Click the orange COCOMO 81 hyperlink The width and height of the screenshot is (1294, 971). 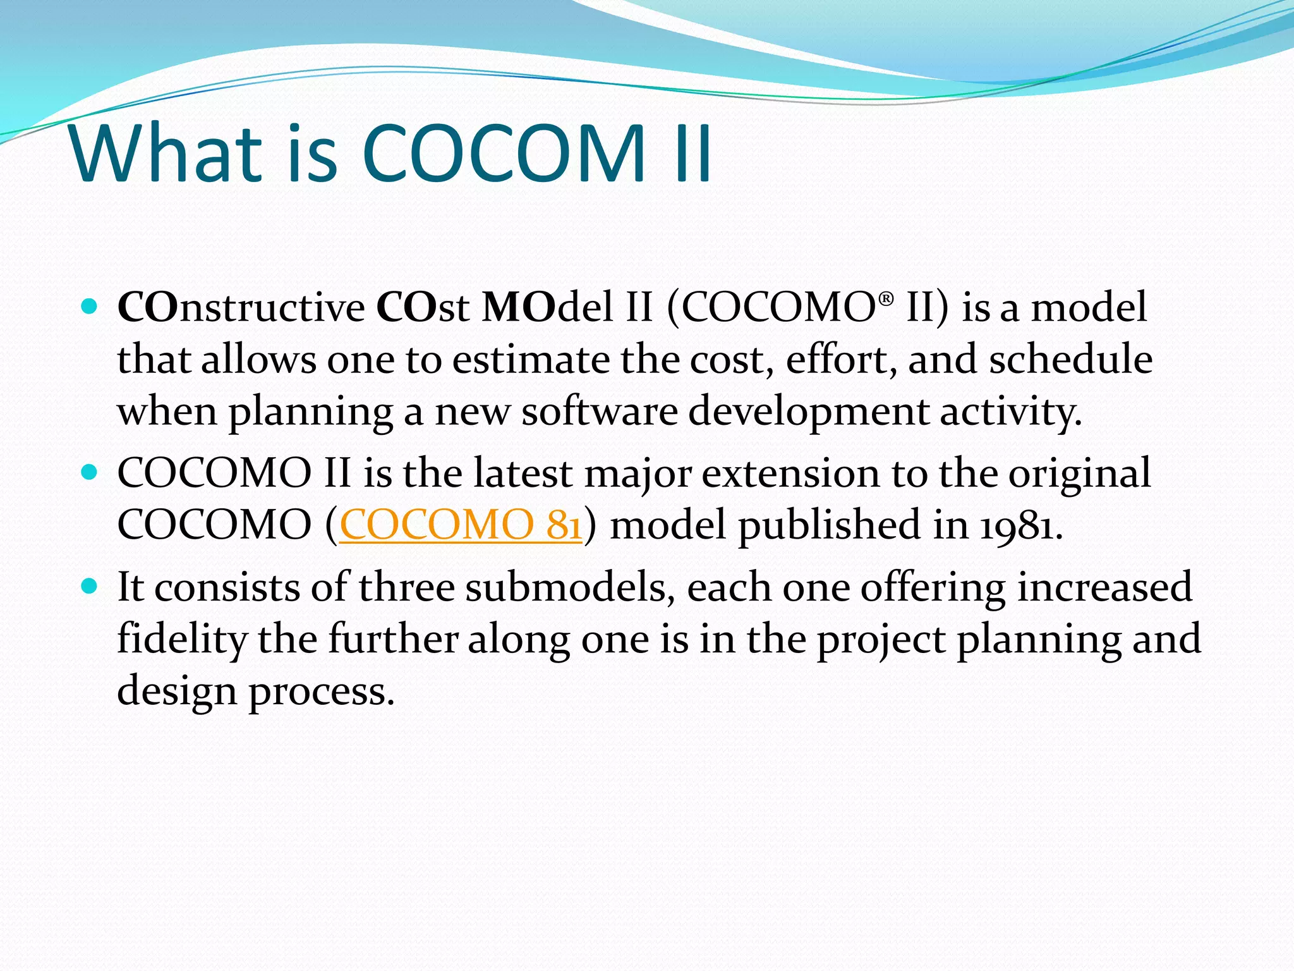460,525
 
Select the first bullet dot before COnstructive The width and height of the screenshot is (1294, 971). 90,307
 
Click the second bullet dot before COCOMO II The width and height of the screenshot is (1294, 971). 90,472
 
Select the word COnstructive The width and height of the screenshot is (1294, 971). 241,308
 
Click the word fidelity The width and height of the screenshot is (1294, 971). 182,639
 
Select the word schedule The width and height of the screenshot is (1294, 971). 1070,360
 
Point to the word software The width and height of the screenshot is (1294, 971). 599,412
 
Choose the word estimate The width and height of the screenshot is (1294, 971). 531,360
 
